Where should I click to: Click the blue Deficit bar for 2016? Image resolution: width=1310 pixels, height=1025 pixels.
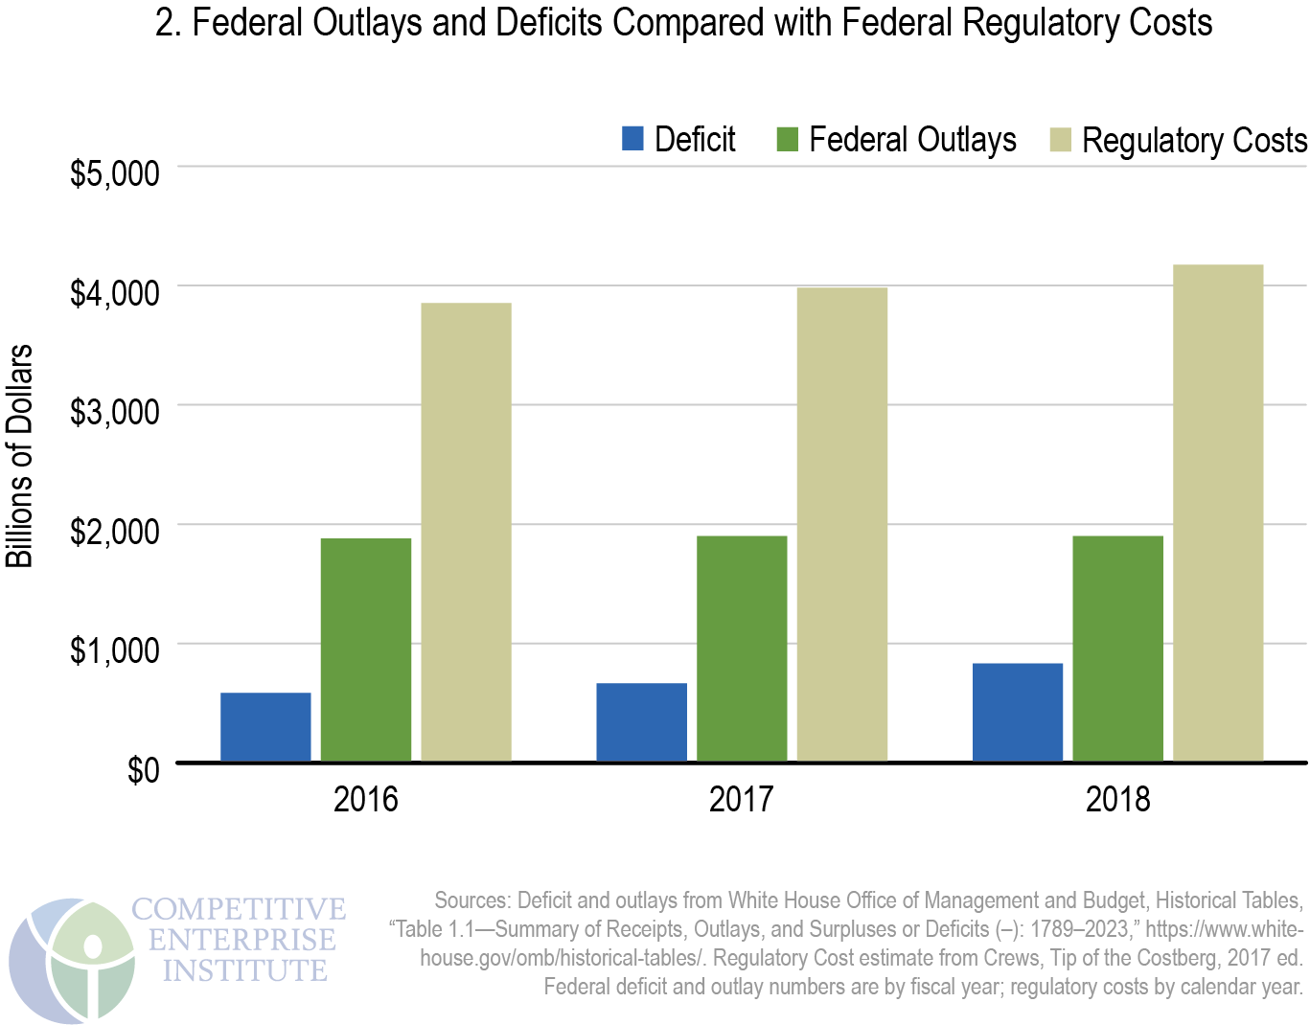(265, 727)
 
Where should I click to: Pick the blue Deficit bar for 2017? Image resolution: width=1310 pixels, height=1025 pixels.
(641, 722)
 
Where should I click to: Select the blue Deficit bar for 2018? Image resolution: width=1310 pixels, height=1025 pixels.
(1017, 713)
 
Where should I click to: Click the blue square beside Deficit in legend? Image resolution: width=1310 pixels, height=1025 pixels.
(632, 139)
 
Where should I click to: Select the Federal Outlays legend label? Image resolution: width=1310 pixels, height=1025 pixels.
(911, 140)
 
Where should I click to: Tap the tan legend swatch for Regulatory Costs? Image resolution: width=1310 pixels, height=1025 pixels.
(1060, 139)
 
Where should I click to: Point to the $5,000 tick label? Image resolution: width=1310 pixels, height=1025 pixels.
(114, 173)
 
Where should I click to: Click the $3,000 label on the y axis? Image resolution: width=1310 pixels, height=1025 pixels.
(114, 411)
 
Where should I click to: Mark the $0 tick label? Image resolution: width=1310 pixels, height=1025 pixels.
(143, 769)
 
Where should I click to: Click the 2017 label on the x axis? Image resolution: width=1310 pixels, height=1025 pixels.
(741, 799)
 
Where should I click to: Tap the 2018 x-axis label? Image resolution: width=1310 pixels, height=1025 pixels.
(1117, 799)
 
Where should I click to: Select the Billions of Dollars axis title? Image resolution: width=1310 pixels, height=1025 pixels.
(20, 456)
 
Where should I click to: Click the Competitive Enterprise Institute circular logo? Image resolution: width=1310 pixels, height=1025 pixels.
(72, 959)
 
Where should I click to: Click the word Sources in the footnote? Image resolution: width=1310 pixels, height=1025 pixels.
(471, 900)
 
